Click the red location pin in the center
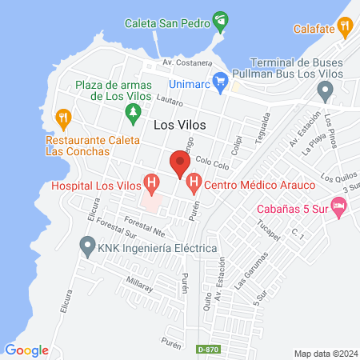coord(179,164)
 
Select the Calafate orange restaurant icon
coord(345,27)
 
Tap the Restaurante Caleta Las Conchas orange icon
coord(64,119)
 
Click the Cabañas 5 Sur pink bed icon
coord(340,207)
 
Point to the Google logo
coord(26,350)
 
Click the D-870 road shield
coord(207,350)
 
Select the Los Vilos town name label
coord(178,124)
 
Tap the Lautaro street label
coord(170,102)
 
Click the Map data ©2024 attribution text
coord(324,352)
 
